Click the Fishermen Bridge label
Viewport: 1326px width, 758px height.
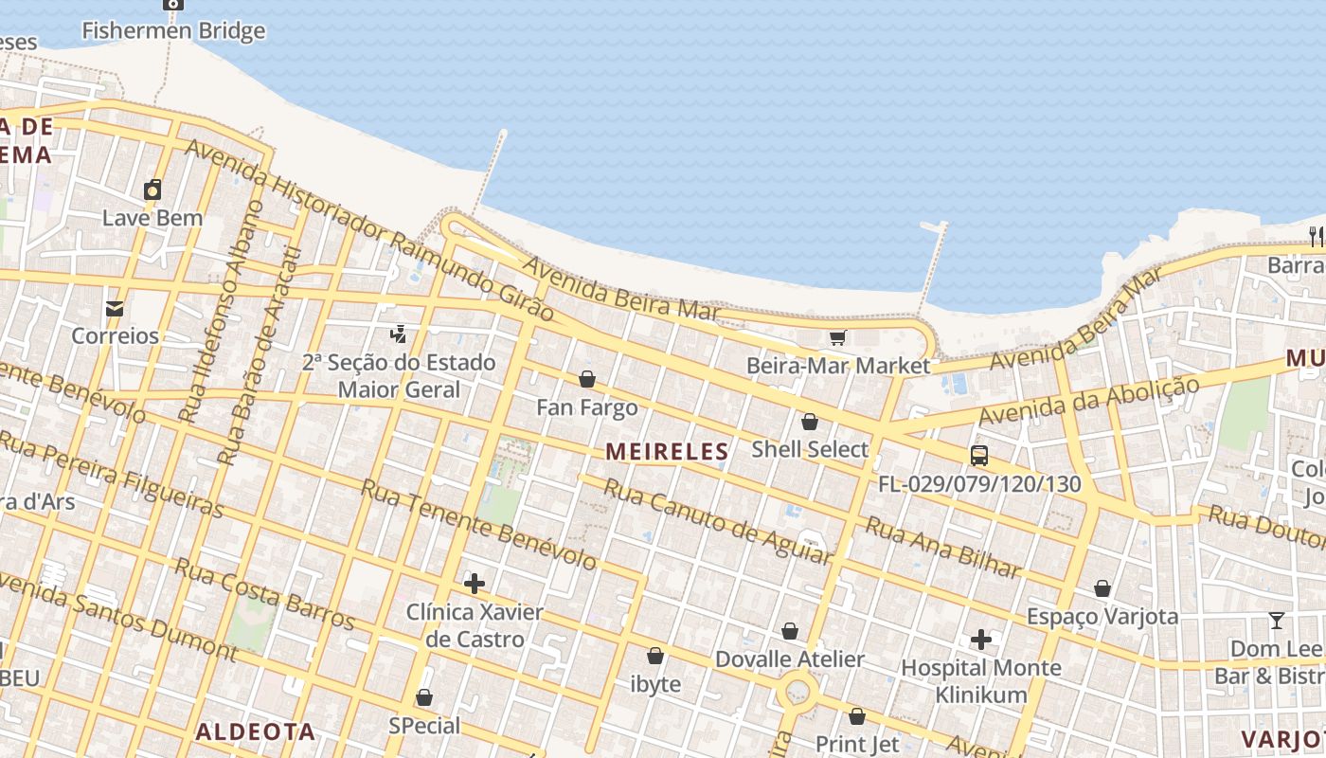(x=173, y=30)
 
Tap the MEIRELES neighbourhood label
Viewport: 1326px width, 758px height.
(x=668, y=452)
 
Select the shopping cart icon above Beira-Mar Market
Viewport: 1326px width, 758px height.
(x=837, y=338)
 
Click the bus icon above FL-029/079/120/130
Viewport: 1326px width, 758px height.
(x=979, y=456)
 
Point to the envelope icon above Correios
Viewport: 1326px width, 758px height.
(x=115, y=309)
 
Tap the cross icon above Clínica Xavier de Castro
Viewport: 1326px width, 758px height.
(x=475, y=584)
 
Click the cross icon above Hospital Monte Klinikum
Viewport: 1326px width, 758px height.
(x=981, y=640)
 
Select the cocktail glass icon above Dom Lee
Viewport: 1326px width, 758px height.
(x=1277, y=622)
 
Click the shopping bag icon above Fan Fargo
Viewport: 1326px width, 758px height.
(x=587, y=380)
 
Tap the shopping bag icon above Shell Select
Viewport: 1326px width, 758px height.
(x=810, y=422)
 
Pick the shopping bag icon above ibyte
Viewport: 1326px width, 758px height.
(x=655, y=656)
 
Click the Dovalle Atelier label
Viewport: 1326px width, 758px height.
(x=789, y=659)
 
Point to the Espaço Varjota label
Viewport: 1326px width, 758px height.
(x=1102, y=617)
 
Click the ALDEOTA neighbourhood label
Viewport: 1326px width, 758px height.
(x=255, y=731)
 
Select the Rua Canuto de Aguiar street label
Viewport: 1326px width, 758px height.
(x=717, y=522)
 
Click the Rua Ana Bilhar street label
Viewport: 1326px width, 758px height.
(x=943, y=548)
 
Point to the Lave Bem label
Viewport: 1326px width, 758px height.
(x=152, y=218)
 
